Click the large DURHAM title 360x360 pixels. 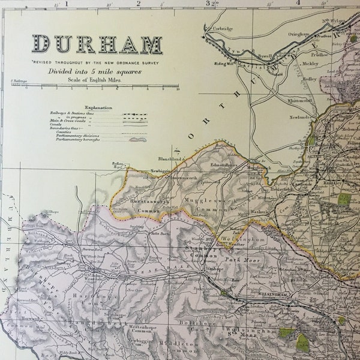tap(97, 44)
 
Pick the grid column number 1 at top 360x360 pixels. tap(67, 3)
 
